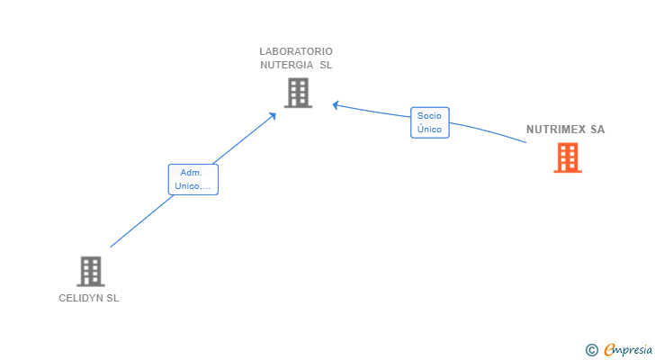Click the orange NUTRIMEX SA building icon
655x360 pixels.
click(567, 157)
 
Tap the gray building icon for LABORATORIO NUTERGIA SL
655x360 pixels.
click(298, 93)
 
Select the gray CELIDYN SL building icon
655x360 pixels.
click(90, 271)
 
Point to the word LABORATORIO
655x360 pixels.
click(296, 51)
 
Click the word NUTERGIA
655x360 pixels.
click(287, 65)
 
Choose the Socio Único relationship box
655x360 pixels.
click(429, 122)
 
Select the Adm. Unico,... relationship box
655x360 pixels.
click(193, 179)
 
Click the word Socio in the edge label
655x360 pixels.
click(429, 116)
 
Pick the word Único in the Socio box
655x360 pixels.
click(429, 130)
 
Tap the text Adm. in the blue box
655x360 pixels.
click(191, 173)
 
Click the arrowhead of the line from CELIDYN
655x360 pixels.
click(274, 115)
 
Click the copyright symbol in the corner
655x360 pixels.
click(591, 349)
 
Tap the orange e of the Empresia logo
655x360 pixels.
click(610, 349)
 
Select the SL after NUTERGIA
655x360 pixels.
click(326, 65)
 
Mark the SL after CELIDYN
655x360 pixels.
click(112, 299)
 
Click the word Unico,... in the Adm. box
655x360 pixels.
click(193, 186)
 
